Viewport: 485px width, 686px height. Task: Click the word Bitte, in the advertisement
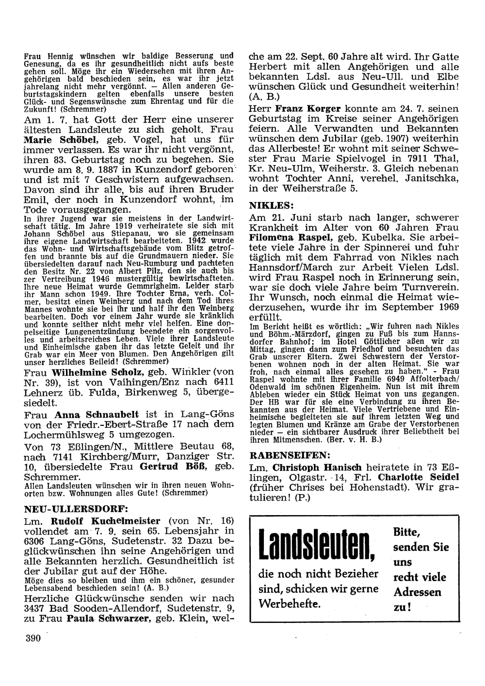coord(406,531)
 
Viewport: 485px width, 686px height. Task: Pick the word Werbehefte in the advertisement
coord(290,605)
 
